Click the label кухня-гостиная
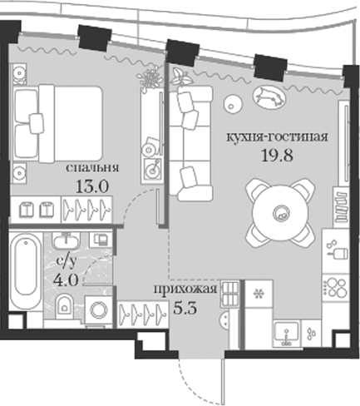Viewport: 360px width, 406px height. point(277,137)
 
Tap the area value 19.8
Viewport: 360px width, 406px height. point(277,156)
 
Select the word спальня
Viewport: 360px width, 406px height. point(92,168)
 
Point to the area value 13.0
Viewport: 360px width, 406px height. point(92,186)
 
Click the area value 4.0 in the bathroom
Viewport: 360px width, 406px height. point(66,280)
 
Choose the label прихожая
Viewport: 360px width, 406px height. point(185,290)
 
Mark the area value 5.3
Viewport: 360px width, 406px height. point(185,308)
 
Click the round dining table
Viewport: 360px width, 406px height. point(280,213)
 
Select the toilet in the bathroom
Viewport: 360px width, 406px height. point(65,306)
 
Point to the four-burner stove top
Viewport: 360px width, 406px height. point(335,288)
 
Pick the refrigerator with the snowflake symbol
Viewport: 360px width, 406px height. point(259,293)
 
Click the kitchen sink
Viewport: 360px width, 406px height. point(287,334)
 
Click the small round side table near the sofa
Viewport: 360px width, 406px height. point(233,104)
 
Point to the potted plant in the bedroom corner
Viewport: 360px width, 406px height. point(150,77)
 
